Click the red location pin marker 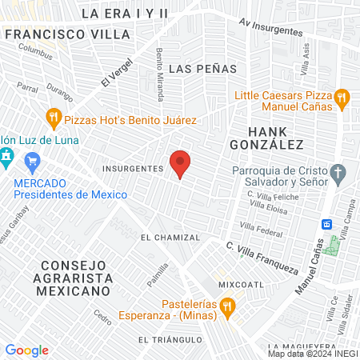(x=181, y=162)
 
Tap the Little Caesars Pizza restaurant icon (x=342, y=99)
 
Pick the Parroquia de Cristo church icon (x=338, y=173)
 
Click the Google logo (x=26, y=350)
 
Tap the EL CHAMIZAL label (x=168, y=238)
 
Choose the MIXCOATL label (x=239, y=283)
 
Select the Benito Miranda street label (x=160, y=74)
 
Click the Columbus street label (x=34, y=51)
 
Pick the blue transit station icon (x=326, y=223)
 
